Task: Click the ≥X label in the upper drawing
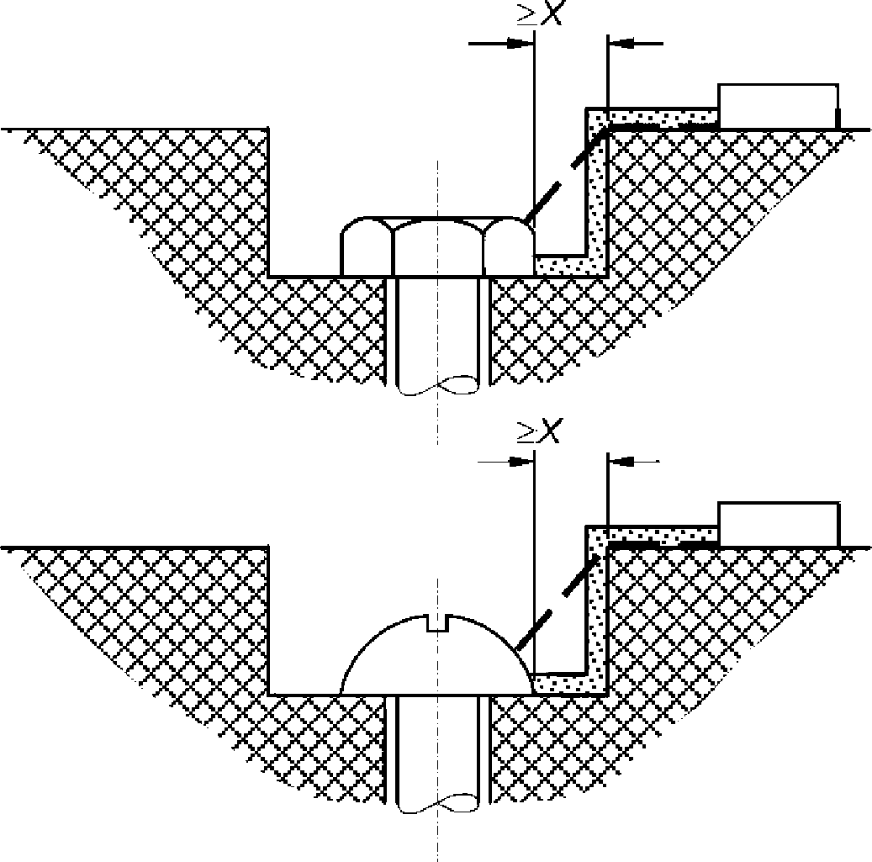point(540,13)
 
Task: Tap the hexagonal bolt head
point(437,246)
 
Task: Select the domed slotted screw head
point(437,654)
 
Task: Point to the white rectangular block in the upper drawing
point(779,106)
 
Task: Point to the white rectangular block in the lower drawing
point(779,525)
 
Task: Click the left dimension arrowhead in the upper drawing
point(520,43)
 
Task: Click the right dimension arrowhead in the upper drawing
point(621,43)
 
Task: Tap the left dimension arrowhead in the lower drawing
point(521,461)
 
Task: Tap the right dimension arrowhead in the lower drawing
point(621,461)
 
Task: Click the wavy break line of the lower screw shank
point(437,804)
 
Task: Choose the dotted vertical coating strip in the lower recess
point(597,610)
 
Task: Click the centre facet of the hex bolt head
point(437,248)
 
